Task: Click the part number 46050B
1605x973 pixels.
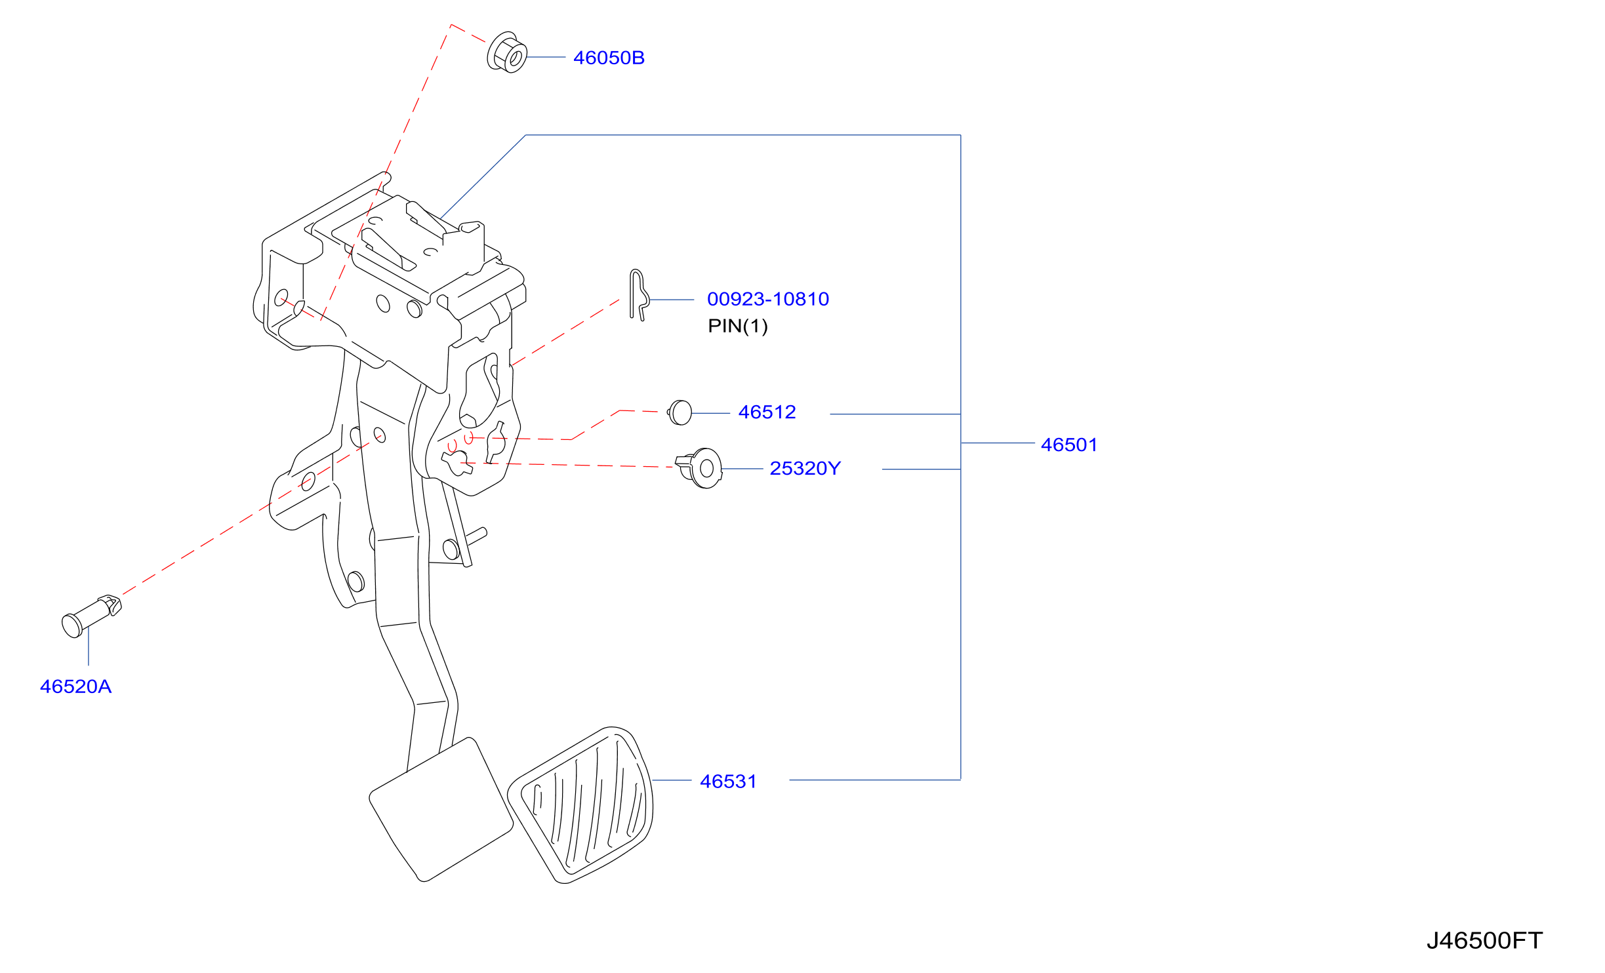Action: (609, 58)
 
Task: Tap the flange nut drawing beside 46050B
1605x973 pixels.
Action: (507, 52)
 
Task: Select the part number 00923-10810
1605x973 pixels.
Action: (768, 299)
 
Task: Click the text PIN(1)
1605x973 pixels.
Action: (738, 326)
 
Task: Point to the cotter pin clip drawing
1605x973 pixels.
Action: (638, 294)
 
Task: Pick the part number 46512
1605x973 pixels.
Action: (767, 412)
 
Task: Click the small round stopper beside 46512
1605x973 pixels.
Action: (680, 412)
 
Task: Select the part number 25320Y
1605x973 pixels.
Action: (805, 468)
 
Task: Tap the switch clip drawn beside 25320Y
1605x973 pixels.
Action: (699, 468)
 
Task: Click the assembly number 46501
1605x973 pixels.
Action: (1069, 445)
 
